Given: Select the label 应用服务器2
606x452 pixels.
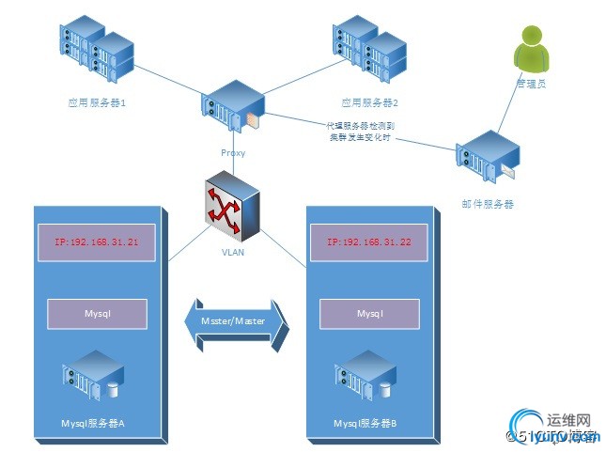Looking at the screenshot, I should (x=369, y=101).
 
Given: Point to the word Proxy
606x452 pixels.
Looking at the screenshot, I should (x=234, y=151).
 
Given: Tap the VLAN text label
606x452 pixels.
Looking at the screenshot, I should (x=231, y=252).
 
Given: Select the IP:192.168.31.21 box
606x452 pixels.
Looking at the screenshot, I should (x=94, y=242).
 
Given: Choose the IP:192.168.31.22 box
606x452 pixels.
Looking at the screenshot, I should (x=368, y=242).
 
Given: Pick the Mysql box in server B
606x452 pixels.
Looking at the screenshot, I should (x=369, y=314).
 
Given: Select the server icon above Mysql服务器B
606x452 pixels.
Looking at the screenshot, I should (x=365, y=373).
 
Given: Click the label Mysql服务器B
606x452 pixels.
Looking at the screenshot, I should (x=365, y=424).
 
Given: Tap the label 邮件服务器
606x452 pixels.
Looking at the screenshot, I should (x=487, y=203).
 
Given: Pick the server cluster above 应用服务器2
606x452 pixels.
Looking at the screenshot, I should (x=366, y=47).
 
